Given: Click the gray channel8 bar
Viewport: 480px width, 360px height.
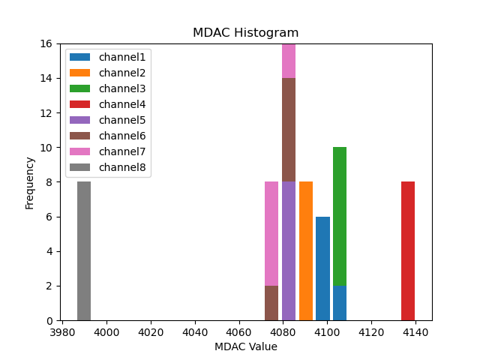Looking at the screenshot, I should coord(84,250).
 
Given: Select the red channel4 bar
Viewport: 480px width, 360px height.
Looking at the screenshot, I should coord(408,250).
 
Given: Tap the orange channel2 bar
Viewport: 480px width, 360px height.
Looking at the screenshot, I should coord(306,250).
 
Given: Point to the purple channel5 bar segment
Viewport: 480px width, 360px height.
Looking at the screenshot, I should coord(289,250).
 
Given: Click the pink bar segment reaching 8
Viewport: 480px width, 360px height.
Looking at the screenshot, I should coord(271,233).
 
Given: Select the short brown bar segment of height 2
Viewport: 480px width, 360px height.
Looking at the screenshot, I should coord(271,303).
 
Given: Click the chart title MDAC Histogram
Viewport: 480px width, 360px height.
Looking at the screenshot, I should coord(246,33).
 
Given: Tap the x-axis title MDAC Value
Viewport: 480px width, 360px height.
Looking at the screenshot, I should coord(246,346).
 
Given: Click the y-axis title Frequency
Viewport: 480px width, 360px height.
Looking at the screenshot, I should coord(30,182).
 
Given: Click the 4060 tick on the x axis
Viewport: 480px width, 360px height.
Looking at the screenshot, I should coord(238,331).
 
